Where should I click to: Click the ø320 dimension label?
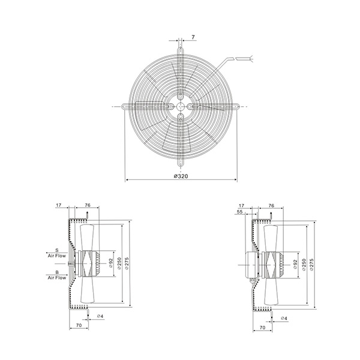coord(181,176)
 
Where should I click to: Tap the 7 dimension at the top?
coord(193,37)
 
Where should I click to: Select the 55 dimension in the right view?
coord(239,212)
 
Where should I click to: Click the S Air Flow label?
coord(57,253)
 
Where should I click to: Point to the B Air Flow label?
coord(57,275)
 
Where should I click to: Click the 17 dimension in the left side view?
coord(59,205)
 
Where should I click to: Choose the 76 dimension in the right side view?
coord(271,206)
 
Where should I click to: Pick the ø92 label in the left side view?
coord(110,263)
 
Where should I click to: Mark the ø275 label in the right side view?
coord(311,265)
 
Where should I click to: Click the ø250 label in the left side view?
coord(119,263)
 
